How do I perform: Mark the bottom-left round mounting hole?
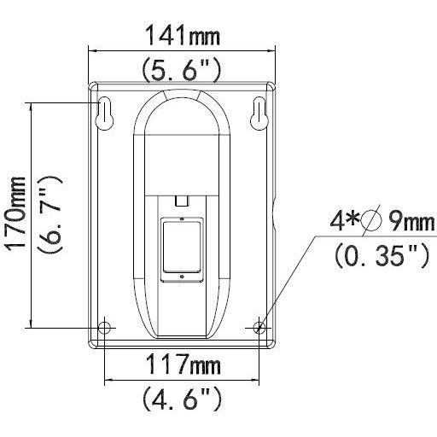point(104,327)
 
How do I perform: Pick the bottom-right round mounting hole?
point(259,327)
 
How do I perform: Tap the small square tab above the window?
point(180,200)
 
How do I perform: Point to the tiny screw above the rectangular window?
point(180,219)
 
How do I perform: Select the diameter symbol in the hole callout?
point(371,224)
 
